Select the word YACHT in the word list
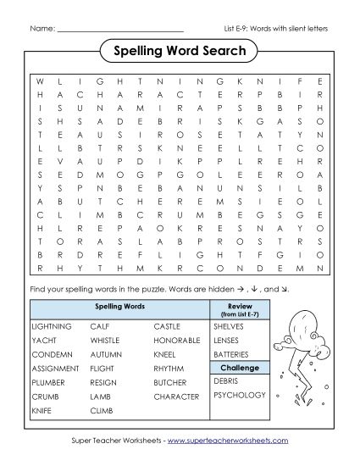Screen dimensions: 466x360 coord(42,341)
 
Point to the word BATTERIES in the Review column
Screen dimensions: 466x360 coord(232,353)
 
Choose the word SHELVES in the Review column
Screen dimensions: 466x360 coord(229,325)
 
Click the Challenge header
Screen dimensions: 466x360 coord(239,368)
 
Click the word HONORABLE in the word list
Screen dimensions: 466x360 coord(177,341)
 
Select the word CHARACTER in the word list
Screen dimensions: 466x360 coord(176,396)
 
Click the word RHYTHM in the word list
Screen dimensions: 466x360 coord(169,369)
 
